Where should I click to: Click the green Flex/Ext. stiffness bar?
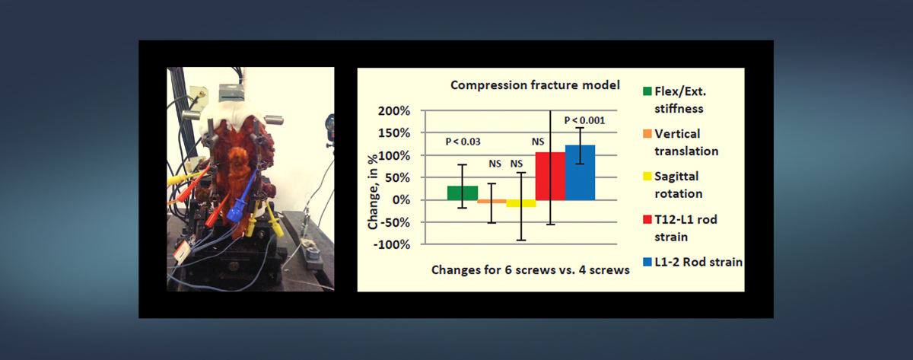tap(463, 193)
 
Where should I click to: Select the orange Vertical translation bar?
tap(492, 202)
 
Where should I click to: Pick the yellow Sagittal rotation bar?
tap(521, 203)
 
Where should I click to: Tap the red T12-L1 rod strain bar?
tap(550, 176)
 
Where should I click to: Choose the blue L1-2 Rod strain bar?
tap(580, 173)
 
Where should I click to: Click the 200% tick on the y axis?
tap(394, 111)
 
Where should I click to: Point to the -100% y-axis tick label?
tap(392, 244)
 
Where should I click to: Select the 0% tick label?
tap(401, 199)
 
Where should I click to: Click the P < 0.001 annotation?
tap(584, 121)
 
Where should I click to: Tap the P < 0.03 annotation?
tap(463, 142)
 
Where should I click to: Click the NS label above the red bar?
tap(538, 142)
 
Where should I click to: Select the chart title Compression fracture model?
tap(535, 85)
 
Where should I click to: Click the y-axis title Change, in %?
tap(373, 192)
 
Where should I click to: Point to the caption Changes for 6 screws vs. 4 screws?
tap(530, 270)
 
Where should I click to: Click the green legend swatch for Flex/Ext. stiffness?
tap(647, 91)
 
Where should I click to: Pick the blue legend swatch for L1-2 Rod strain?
tap(647, 262)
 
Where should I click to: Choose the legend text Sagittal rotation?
tap(679, 185)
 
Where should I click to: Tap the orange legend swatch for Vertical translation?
tap(647, 134)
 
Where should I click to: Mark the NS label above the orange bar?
tap(495, 164)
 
